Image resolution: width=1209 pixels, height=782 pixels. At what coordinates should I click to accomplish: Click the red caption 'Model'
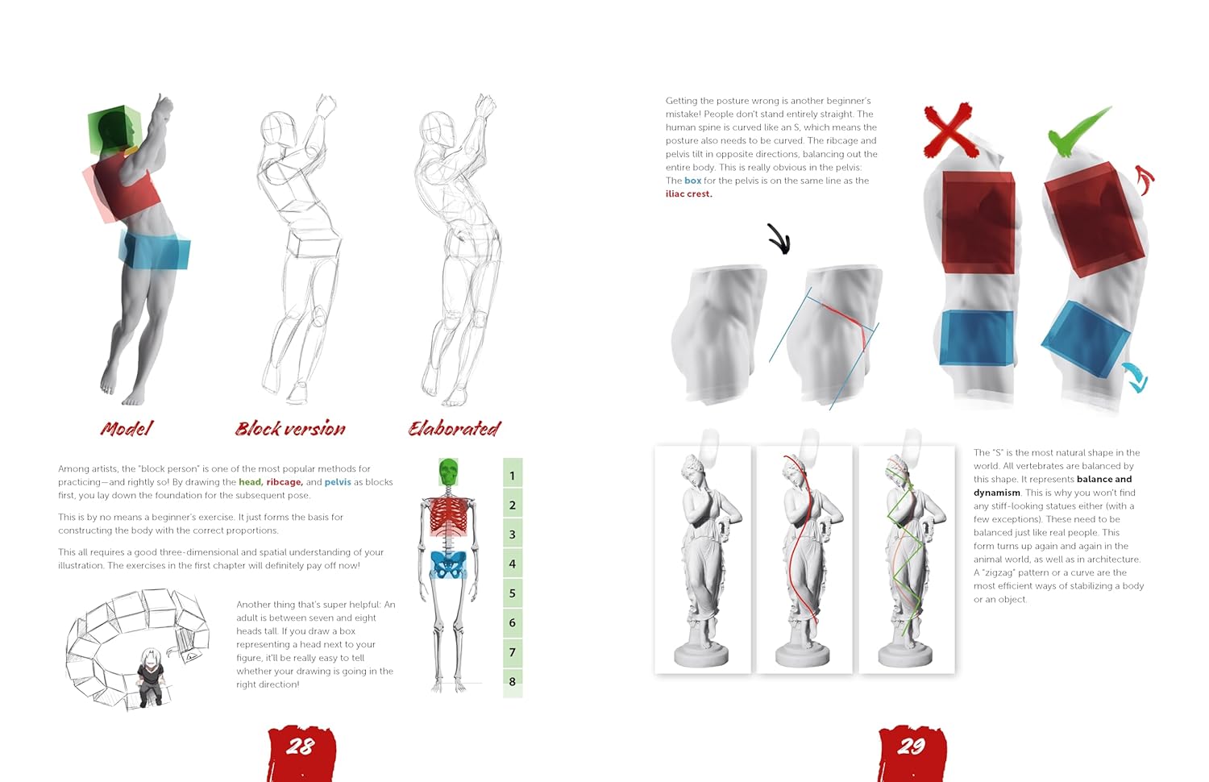127,429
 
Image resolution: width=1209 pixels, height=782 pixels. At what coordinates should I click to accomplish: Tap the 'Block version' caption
290,429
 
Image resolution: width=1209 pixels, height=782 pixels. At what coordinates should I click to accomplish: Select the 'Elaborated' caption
455,429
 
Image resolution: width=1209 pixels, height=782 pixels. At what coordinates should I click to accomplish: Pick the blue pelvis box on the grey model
155,251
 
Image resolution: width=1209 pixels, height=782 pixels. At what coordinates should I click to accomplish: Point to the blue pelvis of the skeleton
448,565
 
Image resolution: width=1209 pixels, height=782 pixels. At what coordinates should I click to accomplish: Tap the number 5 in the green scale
512,593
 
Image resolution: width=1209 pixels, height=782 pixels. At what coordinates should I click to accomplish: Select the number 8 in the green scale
512,681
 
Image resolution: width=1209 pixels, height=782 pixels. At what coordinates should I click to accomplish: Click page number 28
300,747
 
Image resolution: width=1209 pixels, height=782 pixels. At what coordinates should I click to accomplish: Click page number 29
912,747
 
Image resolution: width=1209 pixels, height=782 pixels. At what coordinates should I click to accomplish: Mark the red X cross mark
950,131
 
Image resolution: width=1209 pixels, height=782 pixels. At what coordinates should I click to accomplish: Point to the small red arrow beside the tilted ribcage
1145,180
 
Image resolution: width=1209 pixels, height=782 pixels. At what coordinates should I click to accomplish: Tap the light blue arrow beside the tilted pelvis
1136,377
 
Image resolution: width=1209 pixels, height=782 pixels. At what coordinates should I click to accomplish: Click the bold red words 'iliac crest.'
688,193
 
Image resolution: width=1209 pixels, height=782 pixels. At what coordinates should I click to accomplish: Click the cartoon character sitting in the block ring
149,677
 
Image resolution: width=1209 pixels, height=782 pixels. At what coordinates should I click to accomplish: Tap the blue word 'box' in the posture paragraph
692,181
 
